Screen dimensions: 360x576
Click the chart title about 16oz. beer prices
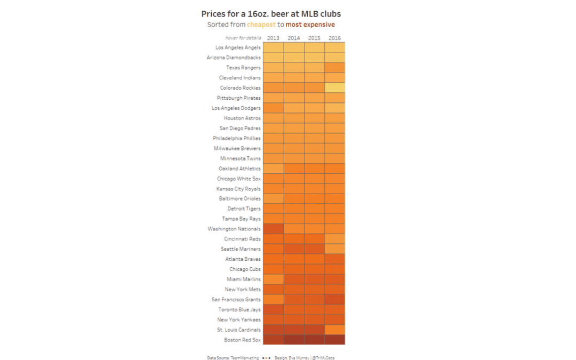271,14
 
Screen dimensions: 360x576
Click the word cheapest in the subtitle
261,25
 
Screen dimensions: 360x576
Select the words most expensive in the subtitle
310,25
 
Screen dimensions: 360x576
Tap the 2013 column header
273,38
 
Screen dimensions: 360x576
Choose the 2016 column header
334,38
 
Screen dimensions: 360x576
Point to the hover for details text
243,38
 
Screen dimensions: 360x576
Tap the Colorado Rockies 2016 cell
334,87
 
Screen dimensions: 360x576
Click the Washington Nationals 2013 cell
273,229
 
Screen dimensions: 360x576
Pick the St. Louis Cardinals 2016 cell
334,330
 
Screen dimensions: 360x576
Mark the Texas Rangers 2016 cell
334,68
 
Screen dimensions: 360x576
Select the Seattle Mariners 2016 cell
334,249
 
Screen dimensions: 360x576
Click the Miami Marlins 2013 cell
273,279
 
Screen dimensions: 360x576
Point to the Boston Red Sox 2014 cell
294,340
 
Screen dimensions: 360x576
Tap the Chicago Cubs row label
245,269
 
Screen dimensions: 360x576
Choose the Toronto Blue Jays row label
239,309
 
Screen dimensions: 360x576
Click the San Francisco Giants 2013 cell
273,299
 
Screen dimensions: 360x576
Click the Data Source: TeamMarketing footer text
233,358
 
